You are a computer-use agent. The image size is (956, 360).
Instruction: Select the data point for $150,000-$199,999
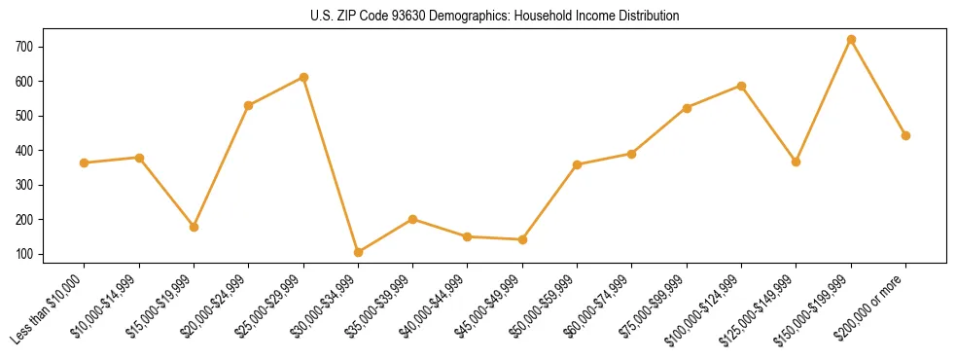[851, 40]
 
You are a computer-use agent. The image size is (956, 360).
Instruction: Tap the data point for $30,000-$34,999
[358, 252]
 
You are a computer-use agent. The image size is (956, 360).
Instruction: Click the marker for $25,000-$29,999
[303, 77]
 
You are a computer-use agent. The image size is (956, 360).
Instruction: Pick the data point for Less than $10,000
[85, 162]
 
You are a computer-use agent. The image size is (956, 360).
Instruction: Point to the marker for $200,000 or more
[905, 135]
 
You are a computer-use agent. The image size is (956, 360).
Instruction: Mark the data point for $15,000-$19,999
[194, 227]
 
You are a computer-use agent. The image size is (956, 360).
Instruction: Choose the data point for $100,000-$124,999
[741, 86]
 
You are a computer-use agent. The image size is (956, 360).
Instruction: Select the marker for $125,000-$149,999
[796, 162]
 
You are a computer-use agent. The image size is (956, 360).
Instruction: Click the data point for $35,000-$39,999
[413, 219]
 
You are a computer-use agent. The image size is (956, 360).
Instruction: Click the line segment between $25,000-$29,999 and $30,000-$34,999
[331, 164]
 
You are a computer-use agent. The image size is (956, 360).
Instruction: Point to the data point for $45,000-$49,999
[522, 239]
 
